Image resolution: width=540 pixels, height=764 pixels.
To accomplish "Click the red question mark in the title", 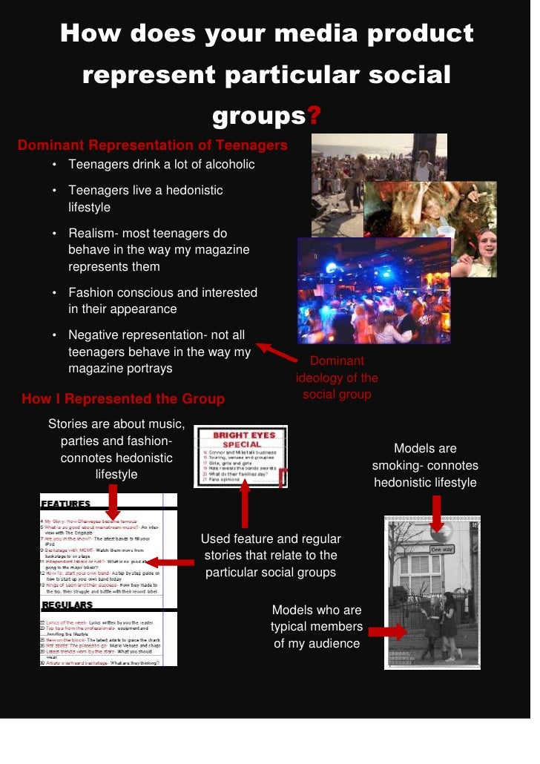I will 315,116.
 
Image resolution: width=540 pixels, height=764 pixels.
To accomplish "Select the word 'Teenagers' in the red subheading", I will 248,145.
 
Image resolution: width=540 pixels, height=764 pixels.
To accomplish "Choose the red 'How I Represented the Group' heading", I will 123,399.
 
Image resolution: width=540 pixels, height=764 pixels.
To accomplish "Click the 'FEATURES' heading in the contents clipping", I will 67,504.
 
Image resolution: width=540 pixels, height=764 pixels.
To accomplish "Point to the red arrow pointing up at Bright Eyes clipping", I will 246,505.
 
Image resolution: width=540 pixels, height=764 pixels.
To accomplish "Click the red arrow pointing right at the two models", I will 387,631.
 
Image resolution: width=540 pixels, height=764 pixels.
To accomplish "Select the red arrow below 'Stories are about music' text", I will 113,502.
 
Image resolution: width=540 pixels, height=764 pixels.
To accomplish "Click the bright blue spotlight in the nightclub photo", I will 332,268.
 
